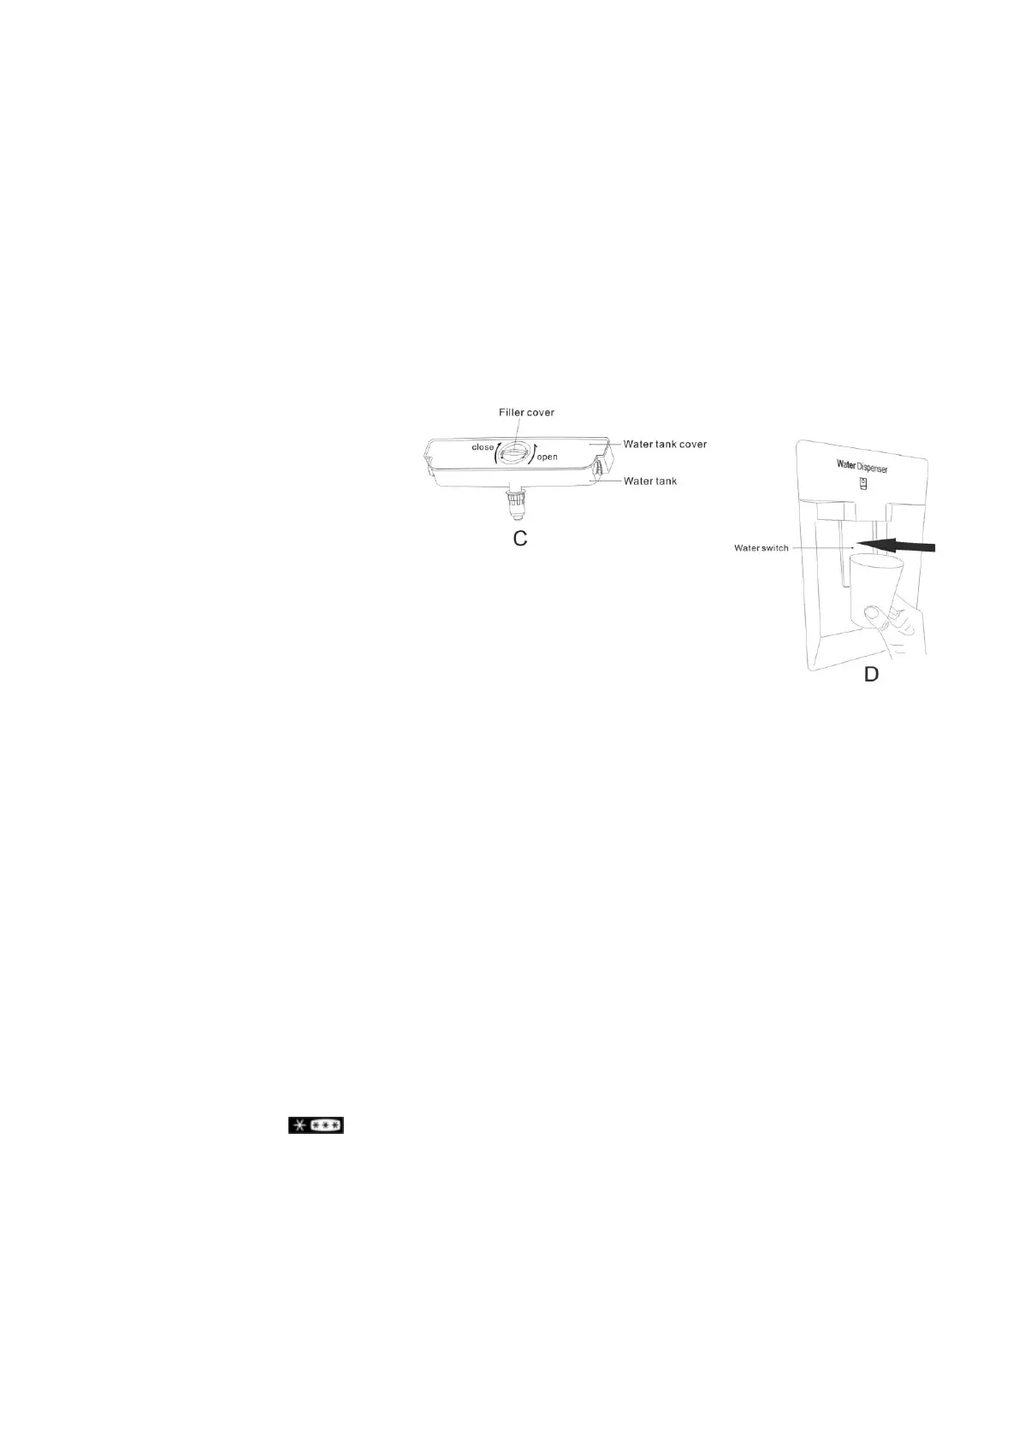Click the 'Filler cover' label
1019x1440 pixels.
point(526,412)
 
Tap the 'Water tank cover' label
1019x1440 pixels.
point(665,444)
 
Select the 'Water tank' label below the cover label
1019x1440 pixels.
point(649,481)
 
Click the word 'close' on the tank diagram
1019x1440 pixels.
point(483,447)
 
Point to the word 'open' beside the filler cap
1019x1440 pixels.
point(547,457)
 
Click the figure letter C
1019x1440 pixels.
point(519,539)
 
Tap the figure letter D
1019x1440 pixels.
point(870,674)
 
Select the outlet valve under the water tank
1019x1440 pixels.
point(516,503)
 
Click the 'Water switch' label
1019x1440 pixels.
point(761,547)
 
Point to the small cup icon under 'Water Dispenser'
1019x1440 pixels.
point(862,484)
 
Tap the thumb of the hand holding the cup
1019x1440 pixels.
point(874,614)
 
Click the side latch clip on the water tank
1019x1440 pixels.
point(600,469)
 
